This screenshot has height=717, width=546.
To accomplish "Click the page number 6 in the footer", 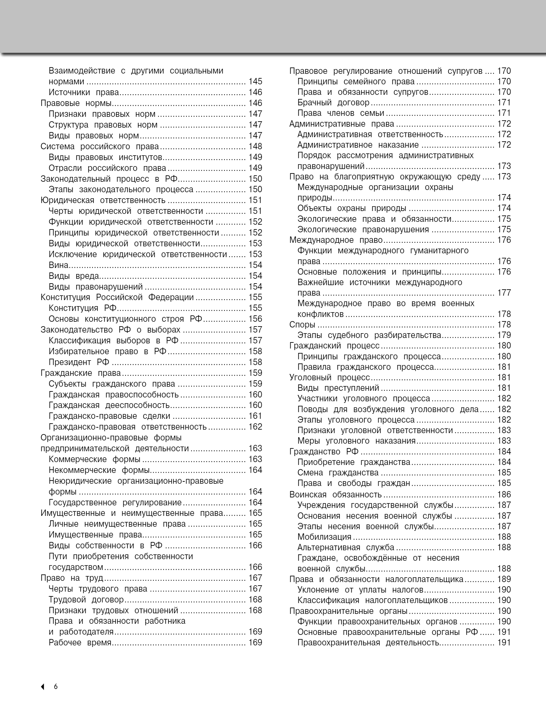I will tap(56, 686).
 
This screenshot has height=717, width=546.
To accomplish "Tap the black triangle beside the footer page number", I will tap(43, 687).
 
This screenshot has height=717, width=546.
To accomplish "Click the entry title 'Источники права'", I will tap(84, 92).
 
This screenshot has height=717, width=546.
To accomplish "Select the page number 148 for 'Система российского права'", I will tap(255, 146).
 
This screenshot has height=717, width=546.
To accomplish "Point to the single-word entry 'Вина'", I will tap(59, 265).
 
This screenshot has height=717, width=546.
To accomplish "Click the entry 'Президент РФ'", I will tap(79, 362).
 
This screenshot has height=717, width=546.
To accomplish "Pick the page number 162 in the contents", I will tap(255, 427).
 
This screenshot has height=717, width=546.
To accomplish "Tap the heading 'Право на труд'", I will tap(72, 578).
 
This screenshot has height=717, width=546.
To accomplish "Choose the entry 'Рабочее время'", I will tap(80, 643).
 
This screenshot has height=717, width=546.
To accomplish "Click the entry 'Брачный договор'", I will tap(334, 103).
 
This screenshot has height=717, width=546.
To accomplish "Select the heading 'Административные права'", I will tap(342, 124).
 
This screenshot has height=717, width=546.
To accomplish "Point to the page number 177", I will tap(504, 293).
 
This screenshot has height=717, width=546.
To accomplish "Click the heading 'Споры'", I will tap(302, 325).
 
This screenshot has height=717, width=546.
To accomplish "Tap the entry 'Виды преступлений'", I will tap(338, 388).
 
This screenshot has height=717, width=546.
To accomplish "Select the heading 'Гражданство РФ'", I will tap(324, 452).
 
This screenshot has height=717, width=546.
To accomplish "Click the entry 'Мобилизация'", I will tap(324, 537).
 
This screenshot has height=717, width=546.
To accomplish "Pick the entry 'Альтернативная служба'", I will tap(346, 547).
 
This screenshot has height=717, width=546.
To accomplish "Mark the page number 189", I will tap(504, 579).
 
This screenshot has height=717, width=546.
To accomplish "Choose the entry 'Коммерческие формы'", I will tap(94, 459).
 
